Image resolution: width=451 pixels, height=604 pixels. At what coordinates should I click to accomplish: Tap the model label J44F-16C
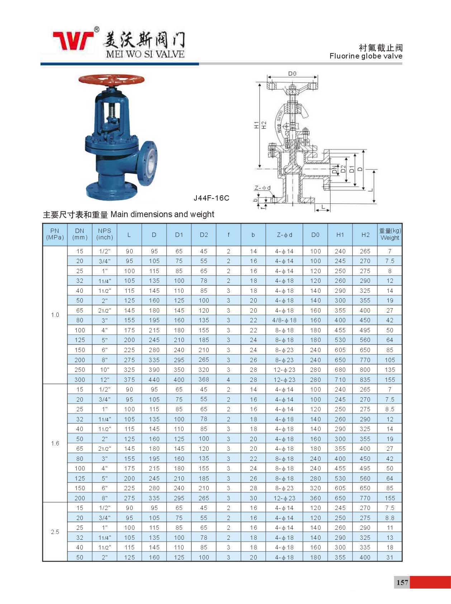pyautogui.click(x=211, y=198)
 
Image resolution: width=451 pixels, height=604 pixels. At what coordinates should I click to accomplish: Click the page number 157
pyautogui.click(x=402, y=582)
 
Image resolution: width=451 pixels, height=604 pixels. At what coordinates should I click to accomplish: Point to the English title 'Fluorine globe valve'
pyautogui.click(x=366, y=56)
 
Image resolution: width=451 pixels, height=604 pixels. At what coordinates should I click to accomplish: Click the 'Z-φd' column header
pyautogui.click(x=284, y=235)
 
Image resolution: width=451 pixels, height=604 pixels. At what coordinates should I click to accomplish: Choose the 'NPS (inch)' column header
pyautogui.click(x=104, y=234)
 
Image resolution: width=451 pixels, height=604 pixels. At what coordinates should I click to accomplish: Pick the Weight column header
pyautogui.click(x=390, y=234)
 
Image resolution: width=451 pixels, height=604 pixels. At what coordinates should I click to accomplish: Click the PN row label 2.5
pyautogui.click(x=55, y=532)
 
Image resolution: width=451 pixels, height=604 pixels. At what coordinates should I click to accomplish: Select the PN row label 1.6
pyautogui.click(x=55, y=443)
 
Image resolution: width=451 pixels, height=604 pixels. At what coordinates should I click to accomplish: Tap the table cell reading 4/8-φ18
pyautogui.click(x=284, y=320)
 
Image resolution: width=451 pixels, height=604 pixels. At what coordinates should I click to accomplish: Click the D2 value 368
pyautogui.click(x=204, y=379)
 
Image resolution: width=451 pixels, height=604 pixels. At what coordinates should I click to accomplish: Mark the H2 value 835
pyautogui.click(x=365, y=380)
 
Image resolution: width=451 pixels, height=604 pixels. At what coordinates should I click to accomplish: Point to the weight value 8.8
pyautogui.click(x=390, y=518)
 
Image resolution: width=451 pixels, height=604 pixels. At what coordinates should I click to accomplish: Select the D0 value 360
pyautogui.click(x=315, y=498)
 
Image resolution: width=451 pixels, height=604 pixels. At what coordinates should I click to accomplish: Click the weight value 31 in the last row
pyautogui.click(x=390, y=557)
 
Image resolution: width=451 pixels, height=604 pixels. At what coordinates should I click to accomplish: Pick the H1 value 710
pyautogui.click(x=340, y=380)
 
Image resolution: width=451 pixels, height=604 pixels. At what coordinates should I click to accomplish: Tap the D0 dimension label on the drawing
pyautogui.click(x=293, y=74)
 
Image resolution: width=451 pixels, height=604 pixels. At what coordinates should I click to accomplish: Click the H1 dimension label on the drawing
pyautogui.click(x=256, y=125)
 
